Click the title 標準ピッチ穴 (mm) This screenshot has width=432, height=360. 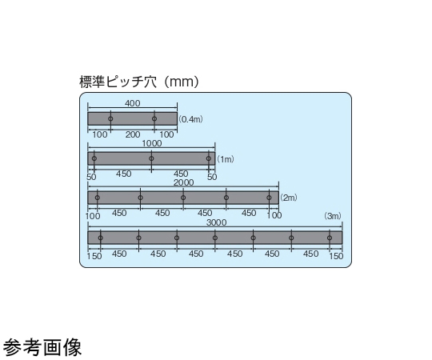click(x=139, y=82)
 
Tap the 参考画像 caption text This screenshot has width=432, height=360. click(x=42, y=347)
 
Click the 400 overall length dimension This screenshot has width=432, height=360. click(x=133, y=103)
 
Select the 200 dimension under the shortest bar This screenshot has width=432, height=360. click(x=133, y=134)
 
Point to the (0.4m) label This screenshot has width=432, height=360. click(x=190, y=119)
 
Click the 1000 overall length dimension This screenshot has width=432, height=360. click(x=152, y=143)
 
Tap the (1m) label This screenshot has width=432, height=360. click(x=226, y=159)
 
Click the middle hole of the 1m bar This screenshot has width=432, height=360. click(x=151, y=158)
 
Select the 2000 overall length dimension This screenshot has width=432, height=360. click(x=183, y=182)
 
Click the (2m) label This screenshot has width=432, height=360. click(x=289, y=198)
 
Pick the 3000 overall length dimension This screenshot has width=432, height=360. click(x=216, y=222)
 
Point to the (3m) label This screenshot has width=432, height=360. click(x=333, y=216)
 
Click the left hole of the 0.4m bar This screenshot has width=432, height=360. click(x=110, y=118)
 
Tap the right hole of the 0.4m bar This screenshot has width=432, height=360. click(x=154, y=118)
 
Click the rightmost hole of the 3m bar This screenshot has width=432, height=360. click(x=330, y=238)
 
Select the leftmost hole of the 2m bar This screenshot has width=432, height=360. click(x=98, y=198)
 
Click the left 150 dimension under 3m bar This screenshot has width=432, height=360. click(x=94, y=256)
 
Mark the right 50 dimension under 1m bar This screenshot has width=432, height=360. click(x=212, y=177)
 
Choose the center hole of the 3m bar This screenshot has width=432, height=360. click(x=215, y=238)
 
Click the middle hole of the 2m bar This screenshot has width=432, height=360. click(x=183, y=198)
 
